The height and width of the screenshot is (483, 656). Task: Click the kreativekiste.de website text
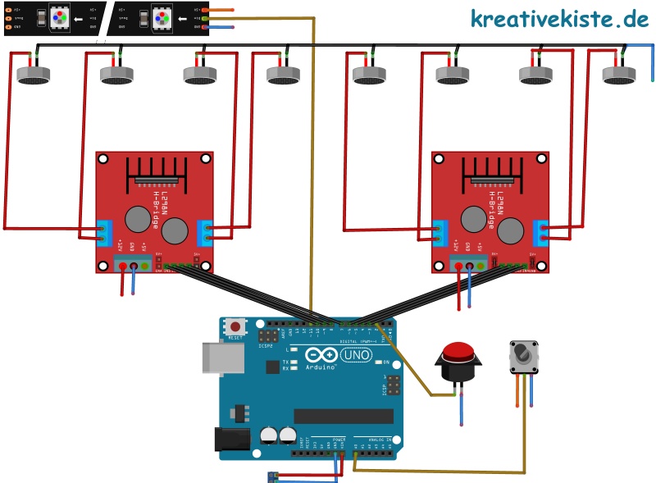point(559,18)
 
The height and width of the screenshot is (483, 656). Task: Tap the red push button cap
point(458,354)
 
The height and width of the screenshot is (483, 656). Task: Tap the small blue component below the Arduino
point(273,476)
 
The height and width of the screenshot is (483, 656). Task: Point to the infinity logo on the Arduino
point(323,355)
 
